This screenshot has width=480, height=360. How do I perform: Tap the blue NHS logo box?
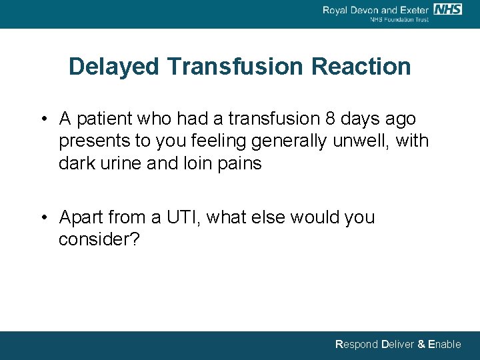(x=447, y=9)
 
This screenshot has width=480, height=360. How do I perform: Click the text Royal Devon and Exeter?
(x=375, y=10)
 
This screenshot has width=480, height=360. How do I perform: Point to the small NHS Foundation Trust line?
(x=399, y=20)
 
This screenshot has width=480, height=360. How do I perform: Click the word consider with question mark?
(x=99, y=239)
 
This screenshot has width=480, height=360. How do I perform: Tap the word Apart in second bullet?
(x=79, y=217)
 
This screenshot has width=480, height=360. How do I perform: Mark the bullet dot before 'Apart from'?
(x=43, y=218)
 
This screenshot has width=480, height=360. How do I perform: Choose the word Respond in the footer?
(x=356, y=345)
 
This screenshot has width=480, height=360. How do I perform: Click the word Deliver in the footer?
(x=397, y=345)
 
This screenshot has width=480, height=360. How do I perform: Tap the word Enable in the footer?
(x=444, y=345)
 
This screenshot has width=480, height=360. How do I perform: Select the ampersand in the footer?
(x=421, y=345)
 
